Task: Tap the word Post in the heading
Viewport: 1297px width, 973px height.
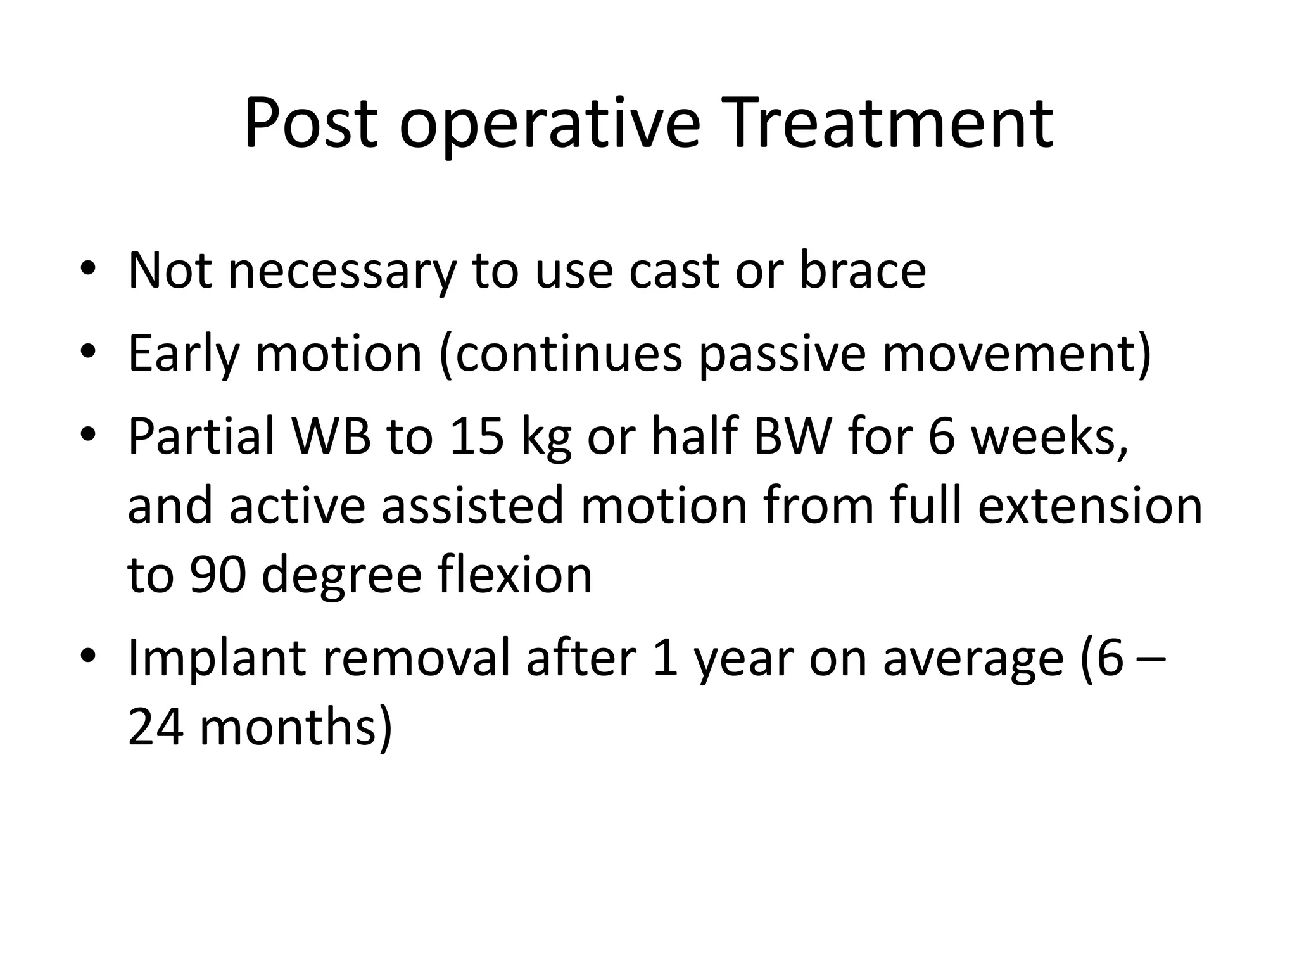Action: pyautogui.click(x=310, y=124)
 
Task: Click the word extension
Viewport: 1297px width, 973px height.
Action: pyautogui.click(x=1089, y=506)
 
